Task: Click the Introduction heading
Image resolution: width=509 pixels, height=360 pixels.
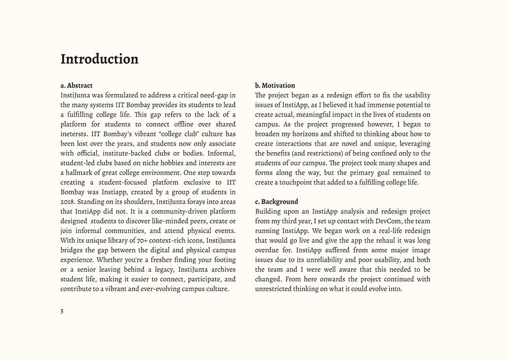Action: [99, 59]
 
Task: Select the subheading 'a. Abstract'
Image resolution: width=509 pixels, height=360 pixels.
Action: [76, 86]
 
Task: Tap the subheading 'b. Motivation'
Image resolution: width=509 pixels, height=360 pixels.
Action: [275, 86]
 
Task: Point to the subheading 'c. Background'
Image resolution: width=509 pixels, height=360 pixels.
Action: [276, 202]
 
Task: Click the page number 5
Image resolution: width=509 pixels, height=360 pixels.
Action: [62, 311]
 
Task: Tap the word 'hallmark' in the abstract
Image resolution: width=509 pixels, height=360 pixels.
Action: [82, 173]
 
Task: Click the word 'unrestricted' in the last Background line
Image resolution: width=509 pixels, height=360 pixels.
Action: [275, 289]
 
